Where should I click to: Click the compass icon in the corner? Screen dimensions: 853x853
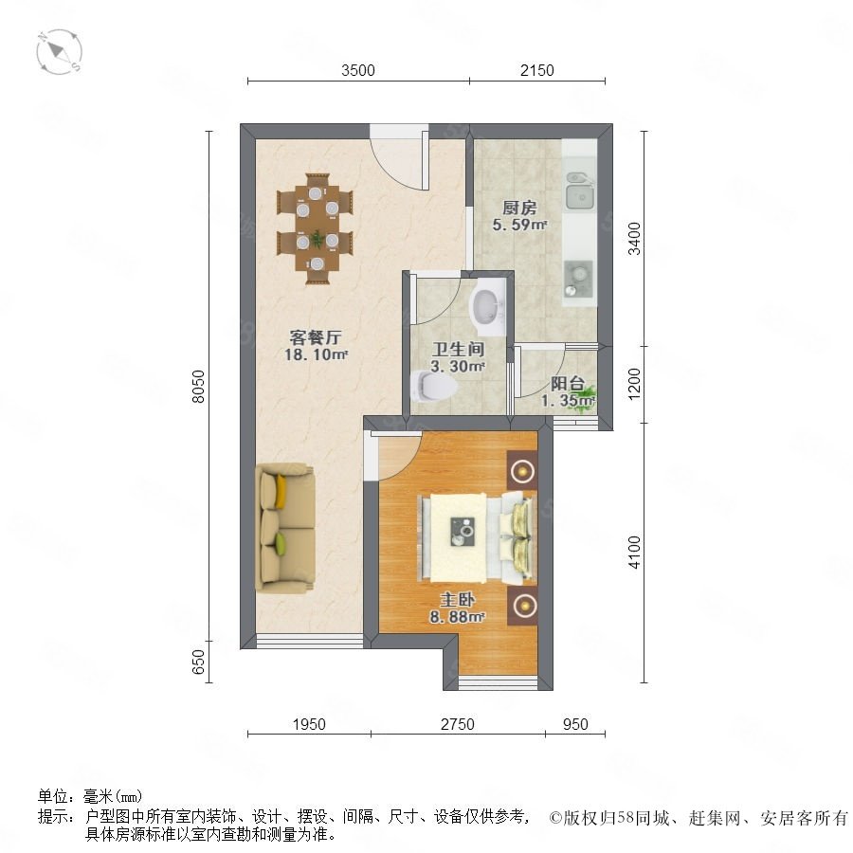[x=59, y=52]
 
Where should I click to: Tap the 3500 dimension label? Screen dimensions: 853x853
[x=358, y=70]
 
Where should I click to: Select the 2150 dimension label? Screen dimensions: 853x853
[x=537, y=70]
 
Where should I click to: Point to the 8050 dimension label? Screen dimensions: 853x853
[x=199, y=387]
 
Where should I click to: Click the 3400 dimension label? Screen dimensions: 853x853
[x=634, y=238]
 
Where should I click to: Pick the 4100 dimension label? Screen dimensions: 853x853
[x=634, y=553]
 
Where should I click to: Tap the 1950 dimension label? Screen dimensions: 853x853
[x=309, y=724]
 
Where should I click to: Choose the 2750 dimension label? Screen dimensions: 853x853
[x=458, y=724]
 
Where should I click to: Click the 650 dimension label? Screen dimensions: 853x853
[x=199, y=662]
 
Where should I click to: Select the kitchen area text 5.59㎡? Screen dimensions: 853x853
[x=519, y=224]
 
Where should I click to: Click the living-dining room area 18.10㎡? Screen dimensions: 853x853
[x=316, y=354]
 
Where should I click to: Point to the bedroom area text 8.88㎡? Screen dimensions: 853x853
[x=457, y=617]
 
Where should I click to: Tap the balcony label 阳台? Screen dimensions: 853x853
[x=568, y=384]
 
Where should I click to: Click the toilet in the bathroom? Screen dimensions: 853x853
[x=433, y=386]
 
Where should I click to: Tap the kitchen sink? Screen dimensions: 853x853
[x=580, y=191]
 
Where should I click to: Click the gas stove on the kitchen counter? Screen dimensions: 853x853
[x=578, y=279]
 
